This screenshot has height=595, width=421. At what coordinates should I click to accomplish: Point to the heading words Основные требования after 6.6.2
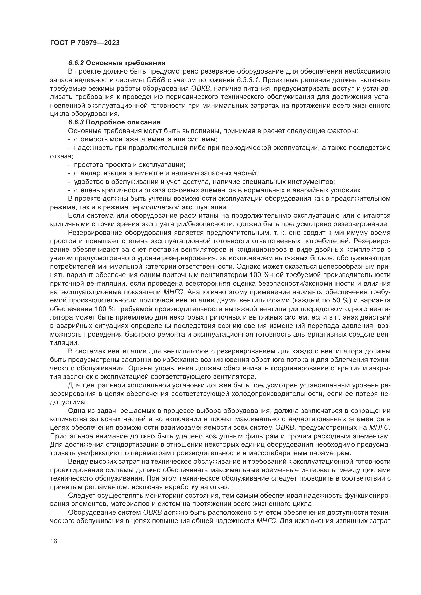coord(125,63)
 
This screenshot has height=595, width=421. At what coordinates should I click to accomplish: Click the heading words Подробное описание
coord(123,122)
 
